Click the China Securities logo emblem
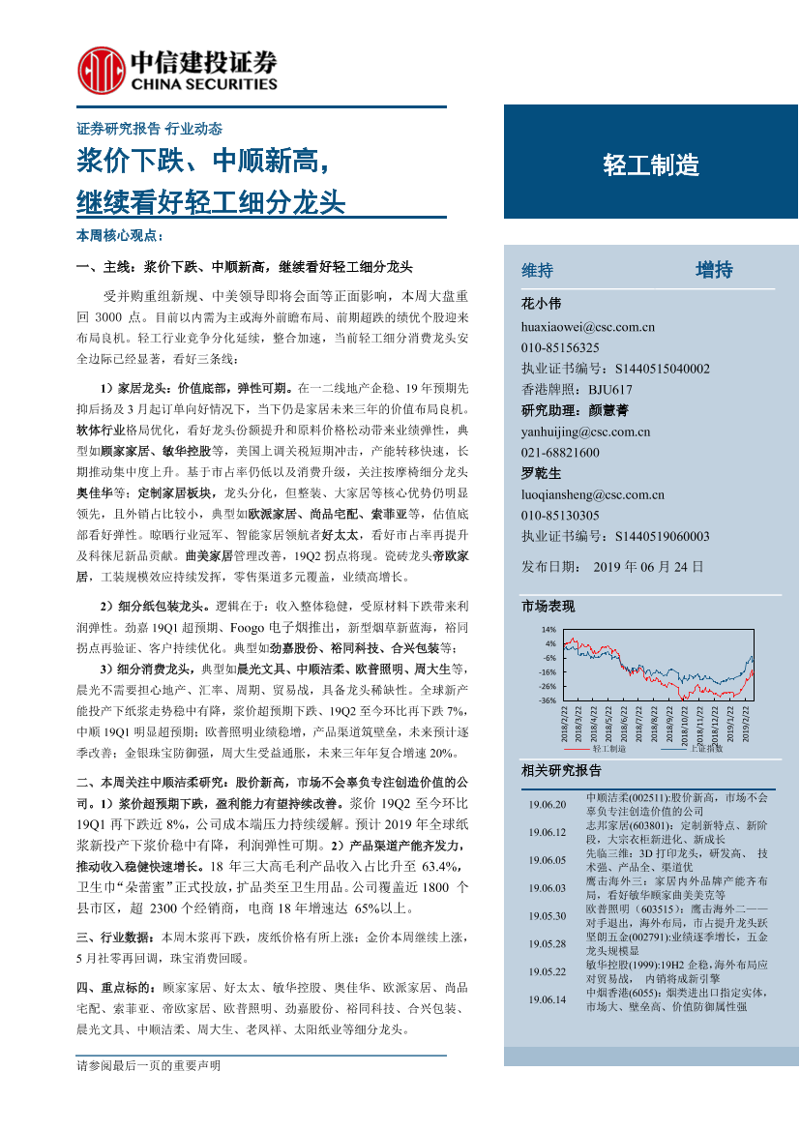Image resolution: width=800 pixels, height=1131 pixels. [99, 70]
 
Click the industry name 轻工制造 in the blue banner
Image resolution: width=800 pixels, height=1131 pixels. [650, 165]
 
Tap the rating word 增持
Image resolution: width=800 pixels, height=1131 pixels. [714, 270]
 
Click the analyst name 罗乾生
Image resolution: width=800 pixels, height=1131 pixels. [541, 473]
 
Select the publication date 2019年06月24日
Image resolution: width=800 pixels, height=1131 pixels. [647, 566]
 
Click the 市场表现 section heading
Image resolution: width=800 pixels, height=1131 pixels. [548, 607]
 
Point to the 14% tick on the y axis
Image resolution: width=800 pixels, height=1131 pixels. [549, 630]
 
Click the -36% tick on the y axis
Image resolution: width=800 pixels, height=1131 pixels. [548, 700]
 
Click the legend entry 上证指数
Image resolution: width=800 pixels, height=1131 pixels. [706, 748]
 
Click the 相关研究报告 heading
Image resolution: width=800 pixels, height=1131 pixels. [561, 771]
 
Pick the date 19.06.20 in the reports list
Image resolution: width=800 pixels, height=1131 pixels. [548, 804]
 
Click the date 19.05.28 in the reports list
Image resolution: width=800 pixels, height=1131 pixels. [548, 943]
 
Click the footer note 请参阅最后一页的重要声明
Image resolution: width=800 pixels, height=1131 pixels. [148, 1066]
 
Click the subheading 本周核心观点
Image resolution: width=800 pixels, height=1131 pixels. [119, 236]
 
